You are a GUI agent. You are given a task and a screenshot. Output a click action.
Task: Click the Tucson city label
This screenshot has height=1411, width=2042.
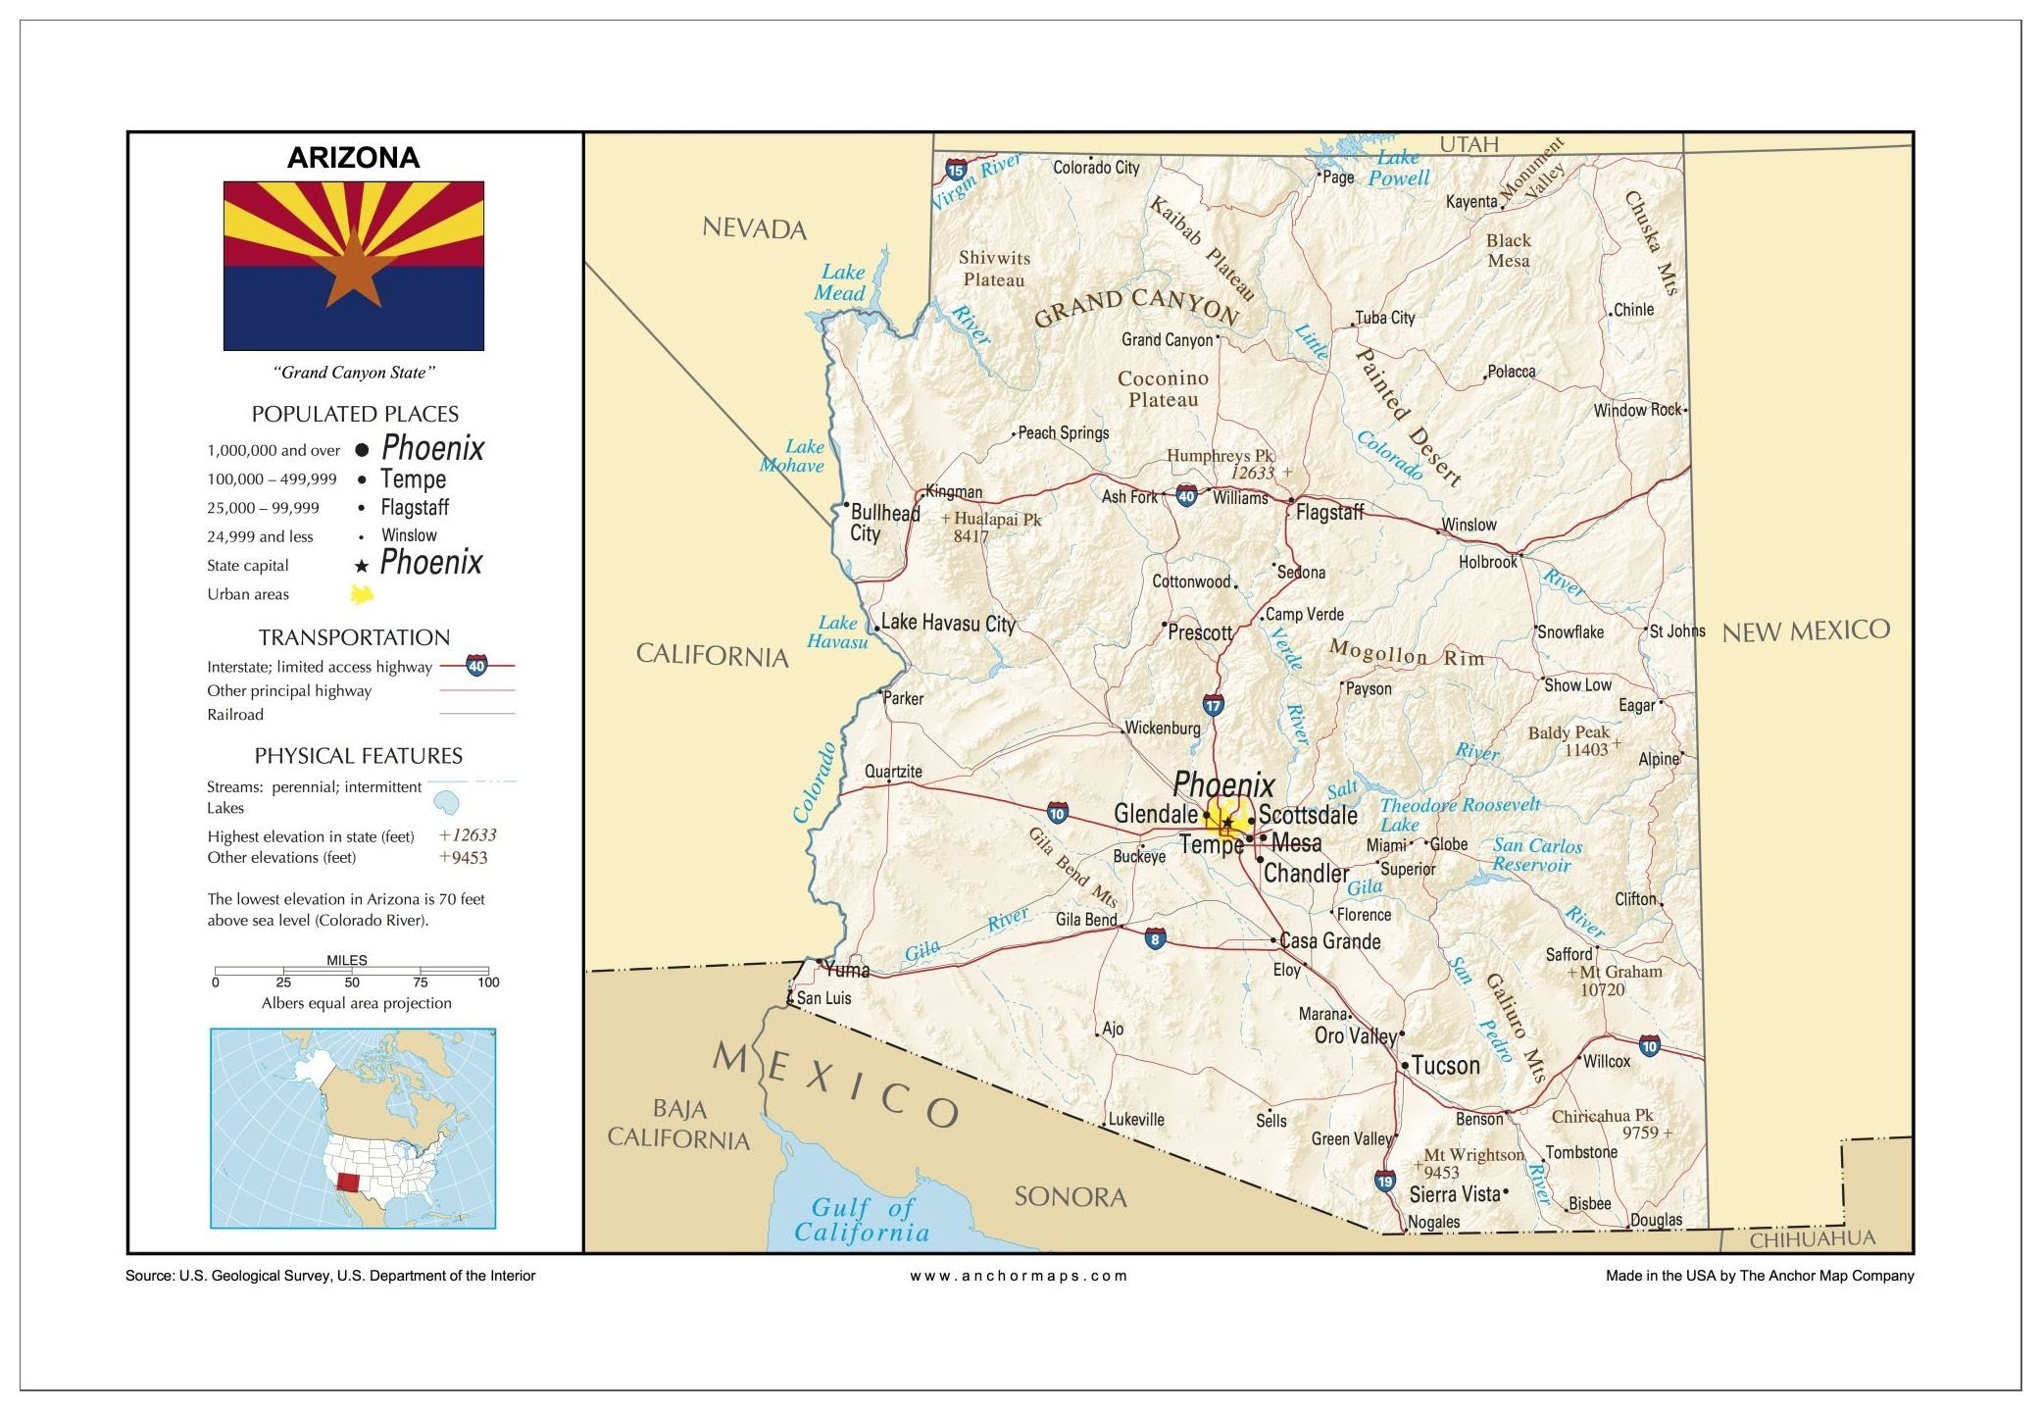[x=1445, y=1066]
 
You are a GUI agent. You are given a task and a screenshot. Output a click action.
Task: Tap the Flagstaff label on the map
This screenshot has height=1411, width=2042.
[x=1329, y=512]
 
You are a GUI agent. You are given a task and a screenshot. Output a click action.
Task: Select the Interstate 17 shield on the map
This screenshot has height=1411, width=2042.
[x=1213, y=705]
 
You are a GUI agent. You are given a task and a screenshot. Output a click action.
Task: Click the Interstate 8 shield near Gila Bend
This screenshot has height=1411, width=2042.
[x=1155, y=939]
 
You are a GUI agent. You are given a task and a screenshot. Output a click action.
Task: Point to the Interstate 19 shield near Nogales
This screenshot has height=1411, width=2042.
[x=1384, y=1181]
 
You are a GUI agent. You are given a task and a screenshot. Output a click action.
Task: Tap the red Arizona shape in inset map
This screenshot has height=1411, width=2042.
[x=348, y=1182]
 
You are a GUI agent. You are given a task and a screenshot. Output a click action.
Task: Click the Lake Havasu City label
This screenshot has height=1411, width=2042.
[x=947, y=624]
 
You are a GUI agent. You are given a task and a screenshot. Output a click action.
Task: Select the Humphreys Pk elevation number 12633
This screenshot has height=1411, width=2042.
[x=1252, y=474]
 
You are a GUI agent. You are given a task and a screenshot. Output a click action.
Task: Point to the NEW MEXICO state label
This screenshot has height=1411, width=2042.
[x=1806, y=631]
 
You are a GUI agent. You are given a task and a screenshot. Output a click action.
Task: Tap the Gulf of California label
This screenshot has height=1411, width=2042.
[x=862, y=1221]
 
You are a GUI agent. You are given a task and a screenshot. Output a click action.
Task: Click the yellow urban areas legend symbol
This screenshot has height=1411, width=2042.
[x=362, y=594]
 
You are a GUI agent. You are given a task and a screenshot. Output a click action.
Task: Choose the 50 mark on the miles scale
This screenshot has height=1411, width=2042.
[x=352, y=982]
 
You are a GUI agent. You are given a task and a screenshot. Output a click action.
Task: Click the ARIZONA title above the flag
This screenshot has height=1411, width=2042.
[x=353, y=158]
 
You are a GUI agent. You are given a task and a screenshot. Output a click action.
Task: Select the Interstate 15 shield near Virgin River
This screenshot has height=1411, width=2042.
[x=956, y=171]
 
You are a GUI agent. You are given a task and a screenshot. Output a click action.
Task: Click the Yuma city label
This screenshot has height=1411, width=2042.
[x=847, y=971]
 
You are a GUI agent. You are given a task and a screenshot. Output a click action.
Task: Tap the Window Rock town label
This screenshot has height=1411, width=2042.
[x=1636, y=410]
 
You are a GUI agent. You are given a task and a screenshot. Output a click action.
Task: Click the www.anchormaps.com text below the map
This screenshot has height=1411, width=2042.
[x=1019, y=1276]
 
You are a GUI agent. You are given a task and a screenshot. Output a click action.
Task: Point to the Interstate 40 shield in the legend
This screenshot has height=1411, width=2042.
[x=476, y=666]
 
